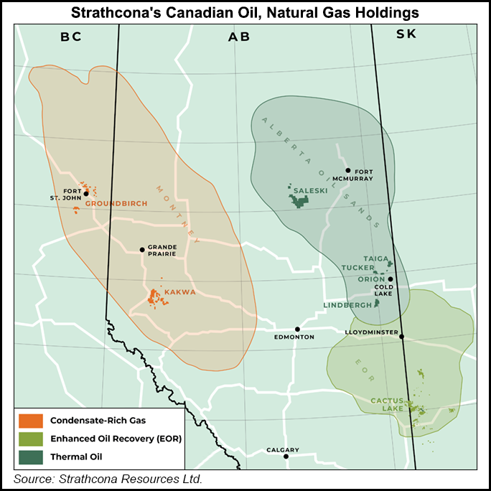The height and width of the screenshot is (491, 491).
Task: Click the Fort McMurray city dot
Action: pyautogui.click(x=347, y=170)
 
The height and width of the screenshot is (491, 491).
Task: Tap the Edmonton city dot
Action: pyautogui.click(x=297, y=329)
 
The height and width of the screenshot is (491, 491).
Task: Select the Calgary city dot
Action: pyautogui.click(x=286, y=456)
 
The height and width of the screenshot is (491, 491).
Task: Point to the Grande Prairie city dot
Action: pyautogui.click(x=142, y=250)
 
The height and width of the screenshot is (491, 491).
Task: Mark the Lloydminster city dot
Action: pyautogui.click(x=402, y=336)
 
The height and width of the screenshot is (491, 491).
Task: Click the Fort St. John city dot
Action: pyautogui.click(x=85, y=193)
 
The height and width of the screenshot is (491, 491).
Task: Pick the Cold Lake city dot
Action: pyautogui.click(x=391, y=279)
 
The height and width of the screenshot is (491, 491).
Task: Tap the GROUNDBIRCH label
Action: pyautogui.click(x=116, y=203)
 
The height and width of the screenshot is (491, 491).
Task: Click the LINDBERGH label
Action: pyautogui.click(x=347, y=305)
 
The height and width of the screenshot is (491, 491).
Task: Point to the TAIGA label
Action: pyautogui.click(x=375, y=258)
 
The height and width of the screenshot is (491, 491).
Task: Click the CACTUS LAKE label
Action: pyautogui.click(x=387, y=404)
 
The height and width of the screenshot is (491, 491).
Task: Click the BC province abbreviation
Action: pyautogui.click(x=70, y=37)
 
